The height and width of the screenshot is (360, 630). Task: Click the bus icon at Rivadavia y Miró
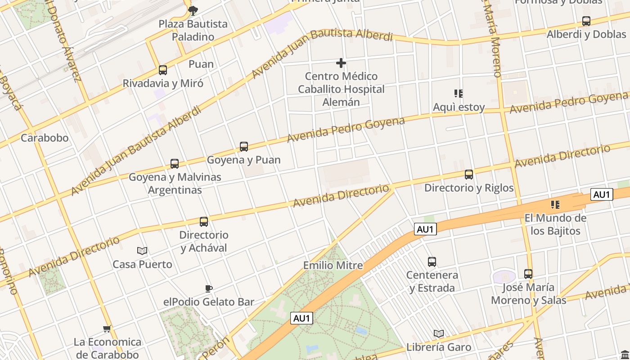point(163,70)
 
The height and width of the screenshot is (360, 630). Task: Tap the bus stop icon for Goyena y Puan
point(244,147)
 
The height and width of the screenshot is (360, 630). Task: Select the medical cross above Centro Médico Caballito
point(341,63)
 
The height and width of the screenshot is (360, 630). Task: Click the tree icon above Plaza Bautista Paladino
point(193,10)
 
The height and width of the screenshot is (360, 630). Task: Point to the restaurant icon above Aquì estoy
point(459,94)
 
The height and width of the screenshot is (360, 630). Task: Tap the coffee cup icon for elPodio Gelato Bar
point(208,288)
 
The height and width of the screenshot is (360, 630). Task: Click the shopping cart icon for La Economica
point(107,328)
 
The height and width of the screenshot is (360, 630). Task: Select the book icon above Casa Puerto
point(142,251)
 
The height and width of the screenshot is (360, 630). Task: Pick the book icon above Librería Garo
point(439,333)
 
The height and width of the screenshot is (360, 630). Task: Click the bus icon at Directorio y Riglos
point(469,175)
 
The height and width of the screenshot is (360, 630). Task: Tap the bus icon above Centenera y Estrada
point(432,261)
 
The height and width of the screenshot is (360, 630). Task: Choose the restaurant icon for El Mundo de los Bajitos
point(555,205)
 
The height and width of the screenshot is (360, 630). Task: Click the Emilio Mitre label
point(333,265)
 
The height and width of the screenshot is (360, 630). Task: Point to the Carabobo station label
point(45,138)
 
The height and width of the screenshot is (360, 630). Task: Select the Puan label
point(201,64)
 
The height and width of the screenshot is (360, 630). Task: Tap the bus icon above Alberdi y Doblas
point(586,21)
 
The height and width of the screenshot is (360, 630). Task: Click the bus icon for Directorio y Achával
point(204,222)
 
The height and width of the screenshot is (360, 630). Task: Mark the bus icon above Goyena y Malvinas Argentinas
point(175,164)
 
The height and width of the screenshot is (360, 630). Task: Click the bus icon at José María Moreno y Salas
point(528,274)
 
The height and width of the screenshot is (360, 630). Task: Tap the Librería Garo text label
point(439,347)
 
